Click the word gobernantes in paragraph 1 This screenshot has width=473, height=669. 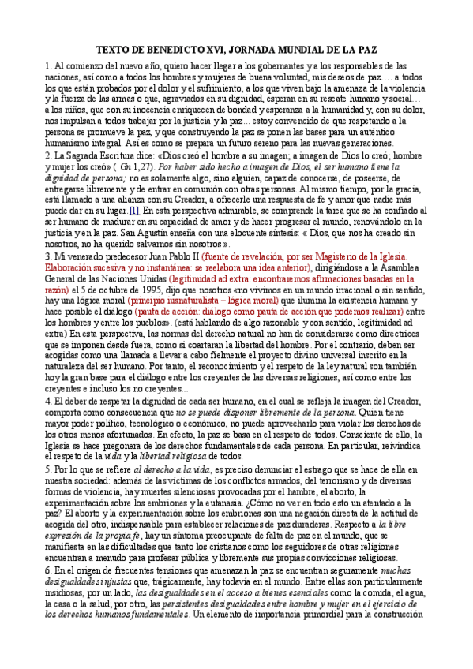point(283,67)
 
